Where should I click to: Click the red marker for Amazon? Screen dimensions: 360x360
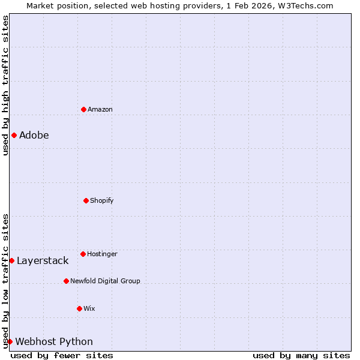pos(83,109)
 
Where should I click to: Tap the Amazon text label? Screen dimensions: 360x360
pos(100,110)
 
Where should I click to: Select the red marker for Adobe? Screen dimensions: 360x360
pos(14,135)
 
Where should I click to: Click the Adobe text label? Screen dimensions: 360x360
pos(34,136)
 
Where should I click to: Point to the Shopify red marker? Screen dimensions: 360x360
pos(86,200)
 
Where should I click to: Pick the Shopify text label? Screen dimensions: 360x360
pos(101,201)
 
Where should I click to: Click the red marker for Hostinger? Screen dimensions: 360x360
pos(83,254)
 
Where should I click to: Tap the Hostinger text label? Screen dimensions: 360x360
pos(102,254)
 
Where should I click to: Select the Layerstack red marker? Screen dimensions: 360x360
pos(11,260)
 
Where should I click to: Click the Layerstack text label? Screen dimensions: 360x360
pos(42,261)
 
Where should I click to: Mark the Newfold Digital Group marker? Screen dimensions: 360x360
pos(66,281)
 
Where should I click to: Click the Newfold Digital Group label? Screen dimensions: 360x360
pos(105,281)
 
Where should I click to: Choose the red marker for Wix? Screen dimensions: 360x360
pos(79,308)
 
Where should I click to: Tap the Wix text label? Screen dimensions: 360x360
pos(89,309)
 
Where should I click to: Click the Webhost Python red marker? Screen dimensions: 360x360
pos(10,341)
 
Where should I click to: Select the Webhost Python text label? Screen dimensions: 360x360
pos(54,342)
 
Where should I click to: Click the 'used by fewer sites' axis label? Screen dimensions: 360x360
pos(62,355)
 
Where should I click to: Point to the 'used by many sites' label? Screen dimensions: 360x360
pos(301,355)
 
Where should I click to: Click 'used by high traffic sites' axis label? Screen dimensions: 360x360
pos(5,85)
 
